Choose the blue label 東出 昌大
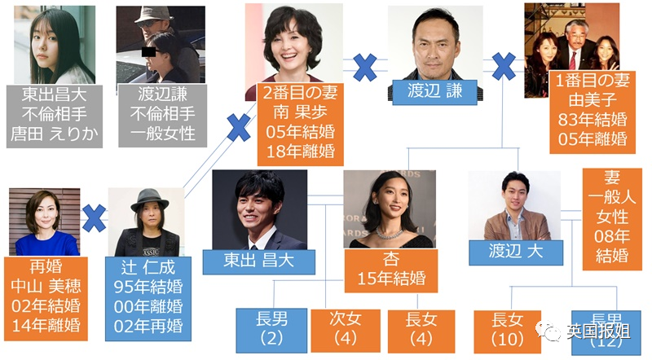click(x=258, y=261)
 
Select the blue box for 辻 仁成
click(x=149, y=297)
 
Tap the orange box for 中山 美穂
click(x=45, y=297)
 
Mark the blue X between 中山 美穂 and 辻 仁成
click(x=95, y=218)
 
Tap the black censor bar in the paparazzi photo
click(x=148, y=51)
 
